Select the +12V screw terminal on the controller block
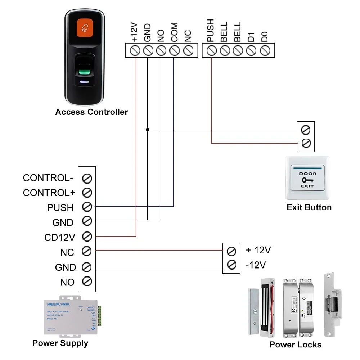(135, 51)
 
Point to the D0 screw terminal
(265, 51)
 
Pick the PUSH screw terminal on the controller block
(211, 51)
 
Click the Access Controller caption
(91, 112)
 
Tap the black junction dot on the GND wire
(147, 129)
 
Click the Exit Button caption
(309, 207)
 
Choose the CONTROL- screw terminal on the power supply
(87, 178)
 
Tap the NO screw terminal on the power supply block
(87, 281)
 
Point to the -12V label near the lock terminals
(256, 265)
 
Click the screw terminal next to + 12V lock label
(232, 250)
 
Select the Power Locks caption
(295, 345)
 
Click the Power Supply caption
(60, 343)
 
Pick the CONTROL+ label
(49, 193)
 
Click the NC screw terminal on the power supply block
(87, 251)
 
